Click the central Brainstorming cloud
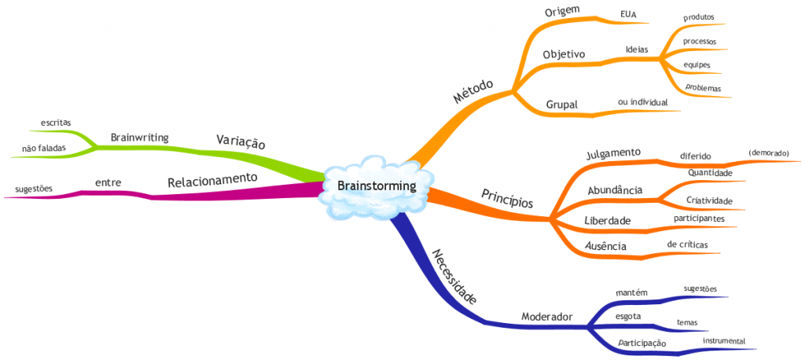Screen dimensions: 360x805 click(375, 186)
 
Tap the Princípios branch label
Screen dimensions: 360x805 click(506, 197)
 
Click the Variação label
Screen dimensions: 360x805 click(241, 141)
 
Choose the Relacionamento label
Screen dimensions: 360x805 click(212, 180)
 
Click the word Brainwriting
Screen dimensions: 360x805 click(140, 137)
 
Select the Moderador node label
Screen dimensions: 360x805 click(547, 317)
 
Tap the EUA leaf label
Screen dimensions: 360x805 click(629, 13)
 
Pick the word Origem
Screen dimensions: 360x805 click(561, 10)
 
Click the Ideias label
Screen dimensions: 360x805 click(637, 49)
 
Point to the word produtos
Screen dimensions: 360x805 click(699, 17)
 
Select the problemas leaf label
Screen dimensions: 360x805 click(703, 87)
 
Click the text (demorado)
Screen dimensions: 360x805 click(768, 152)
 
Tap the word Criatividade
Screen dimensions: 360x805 click(709, 201)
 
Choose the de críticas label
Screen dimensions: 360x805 click(687, 244)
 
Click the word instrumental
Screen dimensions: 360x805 click(724, 340)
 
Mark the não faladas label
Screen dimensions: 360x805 click(44, 148)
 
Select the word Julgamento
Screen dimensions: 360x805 click(614, 152)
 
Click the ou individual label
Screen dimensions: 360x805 click(643, 102)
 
